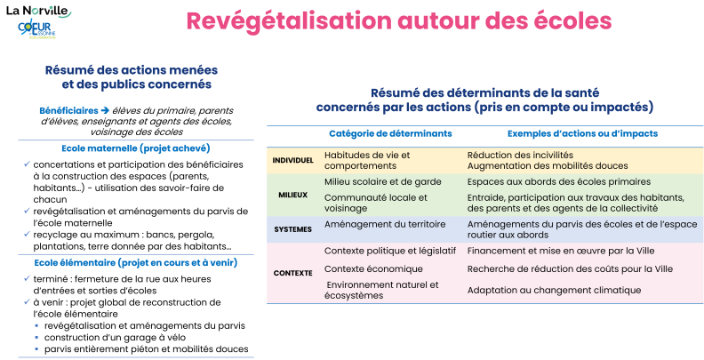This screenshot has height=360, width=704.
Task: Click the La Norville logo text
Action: click(37, 11)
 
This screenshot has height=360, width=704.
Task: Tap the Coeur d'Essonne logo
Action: click(36, 29)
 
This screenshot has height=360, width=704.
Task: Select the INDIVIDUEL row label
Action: click(292, 160)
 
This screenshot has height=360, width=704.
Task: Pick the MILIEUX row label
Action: click(292, 195)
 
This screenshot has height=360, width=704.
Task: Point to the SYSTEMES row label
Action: click(292, 229)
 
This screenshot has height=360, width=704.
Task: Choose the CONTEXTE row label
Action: click(292, 273)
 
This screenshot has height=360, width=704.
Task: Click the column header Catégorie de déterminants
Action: click(390, 133)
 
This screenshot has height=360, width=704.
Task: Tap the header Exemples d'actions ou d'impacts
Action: click(582, 133)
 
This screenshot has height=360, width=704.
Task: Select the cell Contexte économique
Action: click(373, 268)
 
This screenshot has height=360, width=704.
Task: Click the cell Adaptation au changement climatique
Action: click(554, 290)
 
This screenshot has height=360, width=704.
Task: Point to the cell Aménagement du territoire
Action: click(385, 224)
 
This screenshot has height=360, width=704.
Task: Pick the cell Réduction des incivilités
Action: click(520, 155)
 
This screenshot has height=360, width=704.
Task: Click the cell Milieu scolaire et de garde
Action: click(383, 181)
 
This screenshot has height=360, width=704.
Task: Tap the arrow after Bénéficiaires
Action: click(105, 110)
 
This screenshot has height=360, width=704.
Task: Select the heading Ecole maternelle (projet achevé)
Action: click(136, 148)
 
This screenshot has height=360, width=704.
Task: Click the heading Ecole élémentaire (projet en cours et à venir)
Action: click(136, 262)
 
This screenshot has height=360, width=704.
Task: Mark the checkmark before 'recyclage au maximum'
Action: click(27, 234)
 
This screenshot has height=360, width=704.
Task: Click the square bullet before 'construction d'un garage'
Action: click(36, 338)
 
